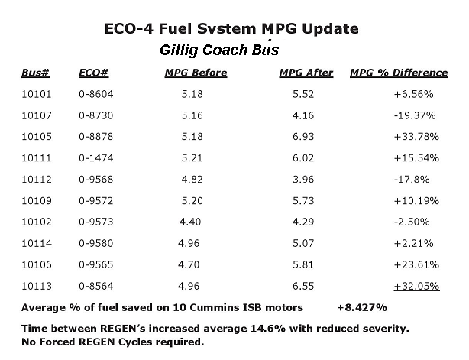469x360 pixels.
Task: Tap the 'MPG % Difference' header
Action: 399,73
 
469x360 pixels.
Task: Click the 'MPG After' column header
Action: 307,73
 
